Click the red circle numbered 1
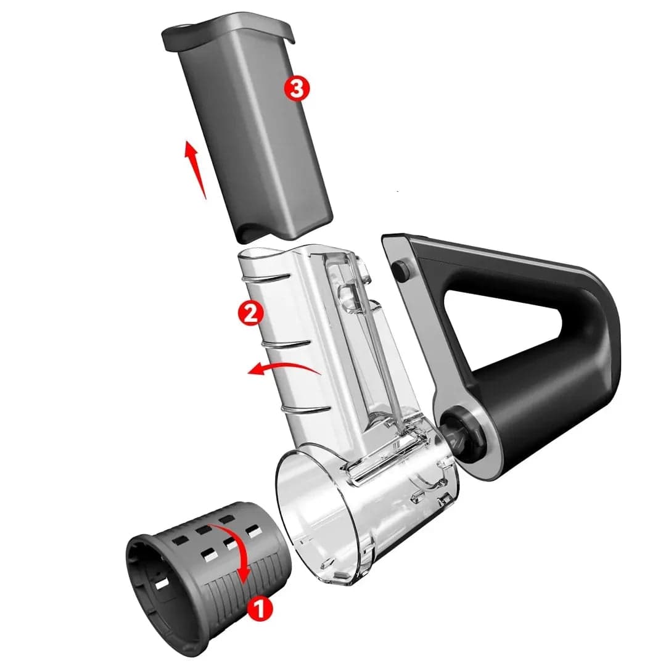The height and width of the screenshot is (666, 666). (260, 609)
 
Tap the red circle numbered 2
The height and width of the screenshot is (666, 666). (250, 313)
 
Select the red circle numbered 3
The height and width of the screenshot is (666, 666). (297, 88)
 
